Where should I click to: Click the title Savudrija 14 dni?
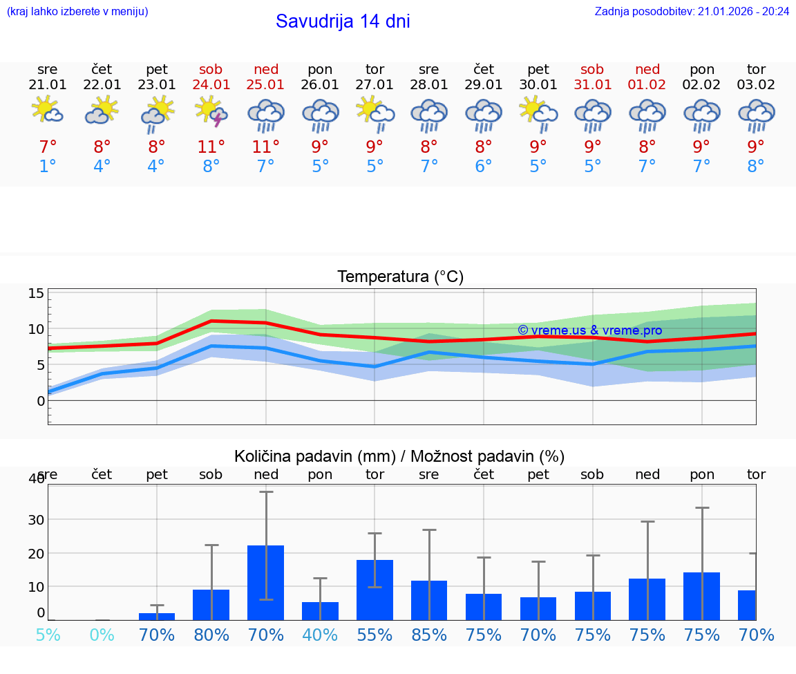click(343, 21)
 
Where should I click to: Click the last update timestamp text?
click(692, 11)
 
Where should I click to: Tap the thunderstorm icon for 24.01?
click(211, 112)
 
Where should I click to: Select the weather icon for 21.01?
click(48, 111)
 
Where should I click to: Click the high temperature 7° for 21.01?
click(48, 147)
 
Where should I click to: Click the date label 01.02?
click(647, 85)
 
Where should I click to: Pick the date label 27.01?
click(375, 85)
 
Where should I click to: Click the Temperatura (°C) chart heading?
click(400, 277)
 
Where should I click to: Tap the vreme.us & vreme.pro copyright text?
click(589, 330)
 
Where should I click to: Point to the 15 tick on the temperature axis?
click(36, 293)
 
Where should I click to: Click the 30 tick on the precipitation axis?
click(36, 519)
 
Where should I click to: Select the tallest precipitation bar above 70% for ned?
click(266, 582)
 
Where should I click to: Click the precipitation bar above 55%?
click(375, 590)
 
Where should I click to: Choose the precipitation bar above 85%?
click(429, 600)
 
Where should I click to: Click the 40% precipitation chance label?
click(320, 635)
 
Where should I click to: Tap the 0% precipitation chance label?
click(102, 635)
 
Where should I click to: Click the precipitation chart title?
click(399, 456)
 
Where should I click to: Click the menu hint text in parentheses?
click(77, 11)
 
